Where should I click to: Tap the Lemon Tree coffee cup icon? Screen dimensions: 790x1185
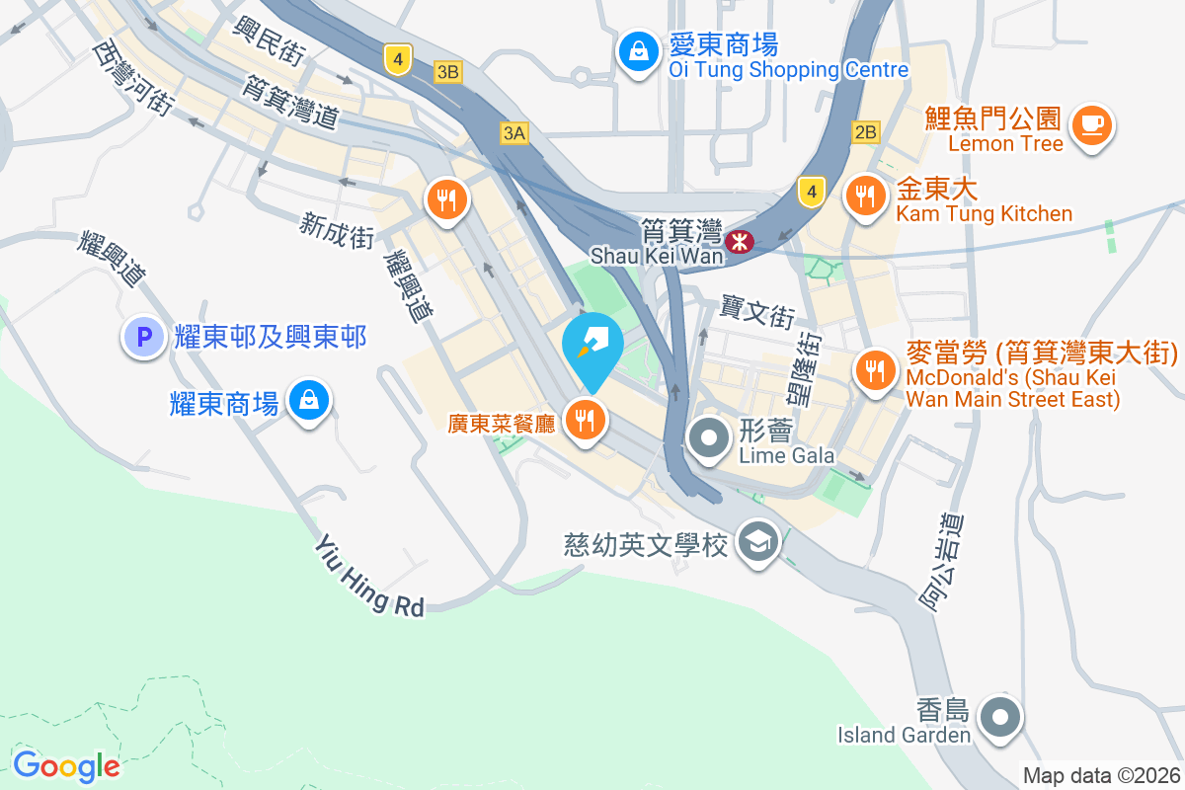pyautogui.click(x=1091, y=125)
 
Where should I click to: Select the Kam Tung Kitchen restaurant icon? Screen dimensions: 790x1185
pyautogui.click(x=866, y=196)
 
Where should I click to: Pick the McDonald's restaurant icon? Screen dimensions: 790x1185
pyautogui.click(x=874, y=371)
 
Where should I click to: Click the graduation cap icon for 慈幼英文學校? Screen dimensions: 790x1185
pyautogui.click(x=758, y=541)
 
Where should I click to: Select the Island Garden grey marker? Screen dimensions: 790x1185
pyautogui.click(x=1000, y=716)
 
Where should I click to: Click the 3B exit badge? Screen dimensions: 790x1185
pyautogui.click(x=448, y=71)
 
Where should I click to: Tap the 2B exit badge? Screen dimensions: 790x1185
pyautogui.click(x=866, y=132)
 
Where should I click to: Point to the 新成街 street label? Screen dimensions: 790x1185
pyautogui.click(x=337, y=232)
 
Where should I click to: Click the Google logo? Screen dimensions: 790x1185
pyautogui.click(x=66, y=765)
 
